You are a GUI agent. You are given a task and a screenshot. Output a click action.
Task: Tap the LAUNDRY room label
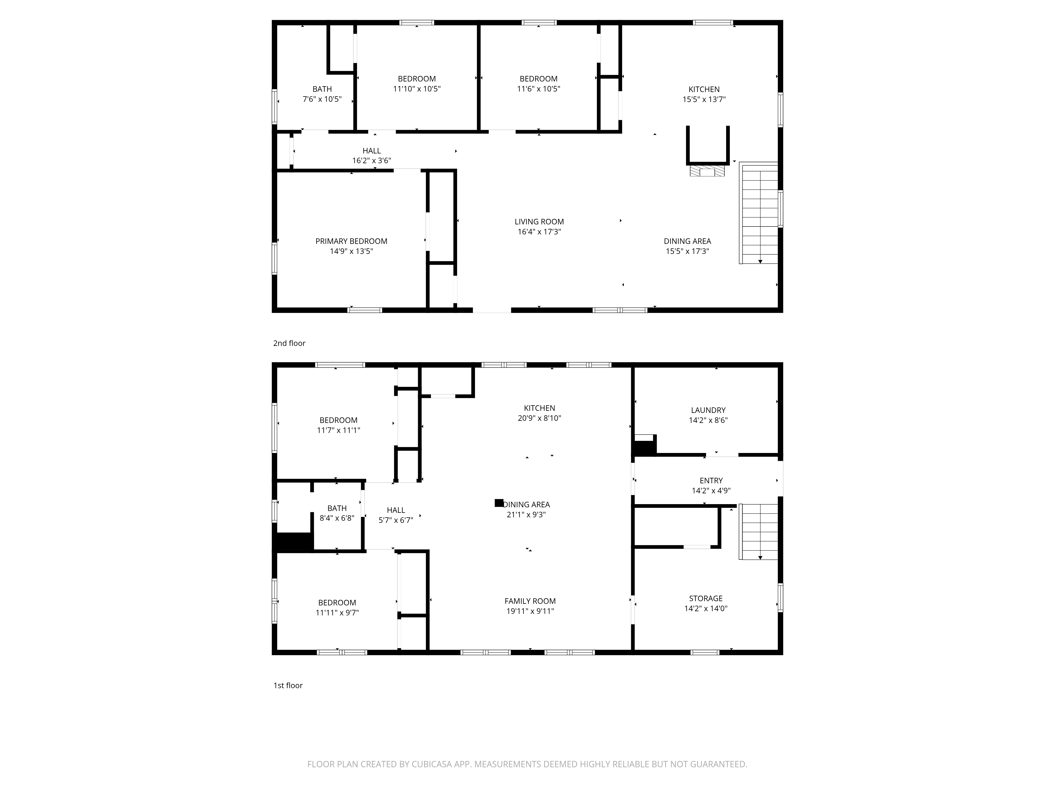tap(708, 410)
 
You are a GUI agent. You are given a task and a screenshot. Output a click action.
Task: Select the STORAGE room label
tap(706, 598)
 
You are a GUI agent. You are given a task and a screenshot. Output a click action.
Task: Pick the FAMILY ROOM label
tap(530, 601)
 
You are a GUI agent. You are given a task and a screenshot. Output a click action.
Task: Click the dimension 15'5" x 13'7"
tap(704, 99)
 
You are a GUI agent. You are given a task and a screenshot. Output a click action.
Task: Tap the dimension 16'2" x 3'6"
tap(372, 161)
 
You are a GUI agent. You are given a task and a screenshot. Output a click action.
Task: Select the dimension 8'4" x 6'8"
tap(337, 518)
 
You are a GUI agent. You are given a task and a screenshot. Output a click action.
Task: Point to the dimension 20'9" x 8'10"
tap(539, 418)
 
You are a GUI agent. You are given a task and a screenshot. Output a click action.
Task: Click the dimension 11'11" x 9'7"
tap(337, 613)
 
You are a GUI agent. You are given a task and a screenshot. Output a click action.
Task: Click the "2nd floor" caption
tap(289, 343)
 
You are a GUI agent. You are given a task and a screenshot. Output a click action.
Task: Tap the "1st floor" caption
tap(287, 686)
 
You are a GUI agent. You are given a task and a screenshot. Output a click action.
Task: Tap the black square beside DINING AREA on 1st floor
tap(499, 503)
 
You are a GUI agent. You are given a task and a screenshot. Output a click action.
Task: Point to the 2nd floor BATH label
tap(322, 89)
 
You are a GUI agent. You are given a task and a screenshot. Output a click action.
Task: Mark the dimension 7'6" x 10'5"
tap(322, 99)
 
